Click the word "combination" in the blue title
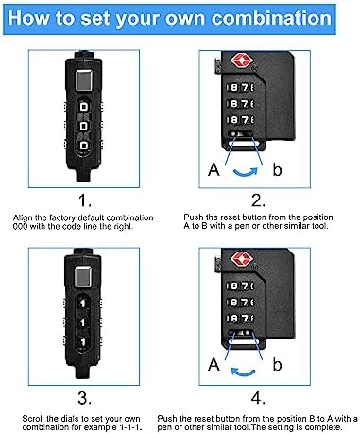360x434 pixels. [x=271, y=18]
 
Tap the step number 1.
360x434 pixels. [x=84, y=200]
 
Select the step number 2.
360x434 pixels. [x=258, y=200]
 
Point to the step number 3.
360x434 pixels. [x=84, y=398]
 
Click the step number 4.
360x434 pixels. [x=258, y=398]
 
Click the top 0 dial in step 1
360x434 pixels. [x=84, y=107]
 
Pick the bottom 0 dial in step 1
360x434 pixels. [x=84, y=146]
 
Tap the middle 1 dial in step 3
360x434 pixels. [x=83, y=322]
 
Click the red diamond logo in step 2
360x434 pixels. [x=242, y=61]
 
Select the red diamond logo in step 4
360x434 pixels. [x=242, y=258]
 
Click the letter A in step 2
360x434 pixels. [x=214, y=169]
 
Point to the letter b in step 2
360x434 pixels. [x=277, y=169]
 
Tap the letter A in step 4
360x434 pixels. [x=214, y=365]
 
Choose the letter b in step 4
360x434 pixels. [x=277, y=365]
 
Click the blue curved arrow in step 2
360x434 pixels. [x=246, y=173]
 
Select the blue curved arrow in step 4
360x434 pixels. [x=243, y=373]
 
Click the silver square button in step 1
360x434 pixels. [x=84, y=80]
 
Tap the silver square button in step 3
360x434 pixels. [x=83, y=276]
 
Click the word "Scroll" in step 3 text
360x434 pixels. [x=33, y=419]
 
